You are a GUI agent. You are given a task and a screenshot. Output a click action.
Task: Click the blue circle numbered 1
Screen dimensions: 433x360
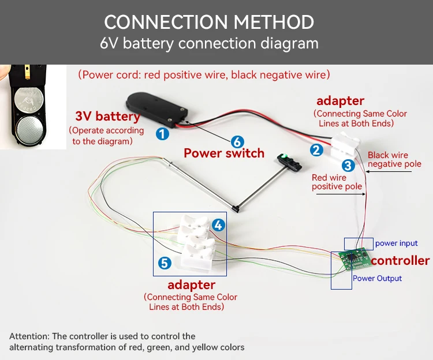coord(162,134)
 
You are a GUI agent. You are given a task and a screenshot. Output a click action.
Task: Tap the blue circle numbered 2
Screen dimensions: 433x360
coord(316,150)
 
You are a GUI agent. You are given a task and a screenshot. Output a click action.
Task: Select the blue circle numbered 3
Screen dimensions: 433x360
coord(348,166)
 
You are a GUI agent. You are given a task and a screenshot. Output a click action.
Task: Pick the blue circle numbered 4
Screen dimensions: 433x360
coord(218,225)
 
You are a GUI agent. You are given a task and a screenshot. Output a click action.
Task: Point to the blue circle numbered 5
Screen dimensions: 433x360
coord(165,263)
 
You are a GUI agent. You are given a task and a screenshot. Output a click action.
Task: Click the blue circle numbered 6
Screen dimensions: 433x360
coord(237,142)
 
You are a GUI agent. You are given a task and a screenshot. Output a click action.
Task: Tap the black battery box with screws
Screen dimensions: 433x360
coord(156,110)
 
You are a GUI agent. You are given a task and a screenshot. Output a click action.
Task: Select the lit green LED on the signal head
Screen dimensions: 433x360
coord(284,157)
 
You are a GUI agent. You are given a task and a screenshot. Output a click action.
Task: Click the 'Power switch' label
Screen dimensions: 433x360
coord(224,153)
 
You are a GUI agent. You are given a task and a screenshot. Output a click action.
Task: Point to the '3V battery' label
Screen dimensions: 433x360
coord(108,116)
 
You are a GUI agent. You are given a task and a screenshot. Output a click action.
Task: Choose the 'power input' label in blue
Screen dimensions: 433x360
coord(396,243)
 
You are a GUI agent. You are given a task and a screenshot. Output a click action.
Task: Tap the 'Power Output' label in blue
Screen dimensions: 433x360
coord(377,278)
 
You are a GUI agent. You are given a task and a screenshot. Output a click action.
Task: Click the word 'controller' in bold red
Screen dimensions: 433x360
coord(400,260)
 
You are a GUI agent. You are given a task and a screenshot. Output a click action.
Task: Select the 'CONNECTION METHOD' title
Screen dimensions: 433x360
coord(209,22)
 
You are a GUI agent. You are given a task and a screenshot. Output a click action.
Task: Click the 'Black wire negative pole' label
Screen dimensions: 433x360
coord(394,159)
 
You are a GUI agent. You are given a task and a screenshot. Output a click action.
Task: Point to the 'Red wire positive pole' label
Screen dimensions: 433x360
coord(337,182)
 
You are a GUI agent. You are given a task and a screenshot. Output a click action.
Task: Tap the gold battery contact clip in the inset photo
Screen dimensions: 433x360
coord(27,71)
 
